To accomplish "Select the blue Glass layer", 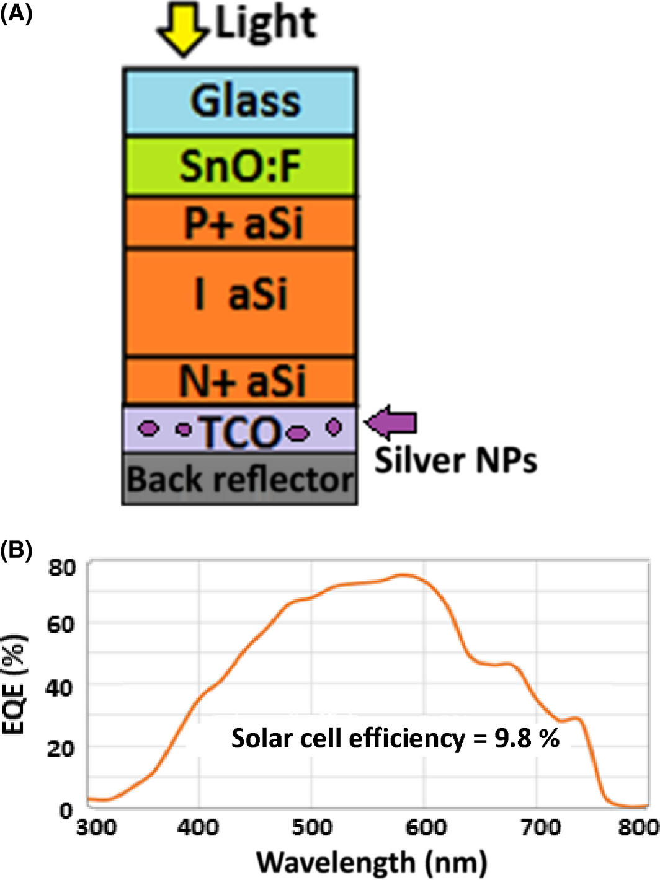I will pyautogui.click(x=240, y=102).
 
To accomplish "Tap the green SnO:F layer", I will pyautogui.click(x=240, y=167).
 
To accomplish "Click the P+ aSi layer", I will pyautogui.click(x=240, y=223).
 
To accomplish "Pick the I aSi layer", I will pyautogui.click(x=240, y=302).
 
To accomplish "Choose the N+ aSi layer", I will pyautogui.click(x=240, y=381).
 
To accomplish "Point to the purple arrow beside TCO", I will pyautogui.click(x=392, y=423).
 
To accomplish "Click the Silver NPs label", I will pyautogui.click(x=455, y=460).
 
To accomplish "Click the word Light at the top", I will pyautogui.click(x=265, y=24).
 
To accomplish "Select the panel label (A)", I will pyautogui.click(x=16, y=12).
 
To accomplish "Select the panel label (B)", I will pyautogui.click(x=16, y=549).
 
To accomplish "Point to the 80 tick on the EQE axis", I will pyautogui.click(x=61, y=567).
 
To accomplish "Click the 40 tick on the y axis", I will pyautogui.click(x=59, y=687).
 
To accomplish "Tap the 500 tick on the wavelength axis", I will pyautogui.click(x=312, y=827).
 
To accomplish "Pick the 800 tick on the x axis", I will pyautogui.click(x=639, y=827).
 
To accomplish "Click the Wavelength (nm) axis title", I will pyautogui.click(x=372, y=862).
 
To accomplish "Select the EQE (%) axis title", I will pyautogui.click(x=14, y=684).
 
